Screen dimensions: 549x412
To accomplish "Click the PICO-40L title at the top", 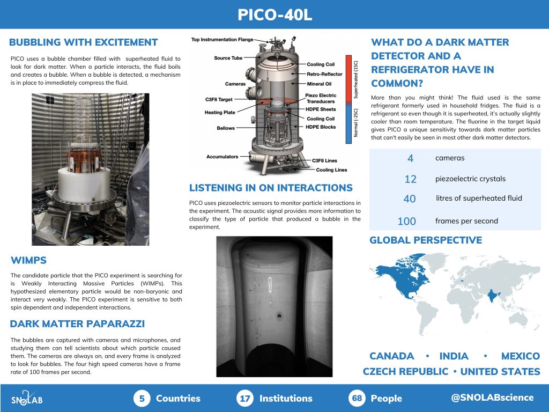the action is [274, 14].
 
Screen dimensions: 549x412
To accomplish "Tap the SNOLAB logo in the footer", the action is [27, 399].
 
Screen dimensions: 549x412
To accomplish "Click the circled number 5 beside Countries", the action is [142, 399].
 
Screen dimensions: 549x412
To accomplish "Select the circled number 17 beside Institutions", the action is [244, 399].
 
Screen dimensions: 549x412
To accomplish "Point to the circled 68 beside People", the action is [357, 399].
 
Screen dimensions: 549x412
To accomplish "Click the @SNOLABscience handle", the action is [492, 398].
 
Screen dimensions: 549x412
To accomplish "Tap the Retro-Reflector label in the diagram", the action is [324, 74].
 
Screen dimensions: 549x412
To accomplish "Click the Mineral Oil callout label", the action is [319, 84].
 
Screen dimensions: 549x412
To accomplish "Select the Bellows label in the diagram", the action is [226, 128].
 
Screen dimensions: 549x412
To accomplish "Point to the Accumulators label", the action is [222, 157].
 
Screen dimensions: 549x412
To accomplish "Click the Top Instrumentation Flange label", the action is [222, 40].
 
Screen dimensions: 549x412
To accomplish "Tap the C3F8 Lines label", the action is [324, 160].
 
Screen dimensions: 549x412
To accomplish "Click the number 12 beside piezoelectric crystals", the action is [410, 179].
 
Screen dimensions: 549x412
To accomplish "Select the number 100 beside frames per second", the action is [407, 221].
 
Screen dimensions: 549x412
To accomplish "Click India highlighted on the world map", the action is [493, 295].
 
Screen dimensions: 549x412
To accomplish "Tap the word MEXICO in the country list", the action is [520, 356].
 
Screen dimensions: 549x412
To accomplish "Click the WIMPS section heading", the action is [28, 260].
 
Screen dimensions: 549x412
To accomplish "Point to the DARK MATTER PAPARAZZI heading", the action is [77, 323].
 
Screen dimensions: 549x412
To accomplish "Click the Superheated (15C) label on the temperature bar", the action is [356, 79].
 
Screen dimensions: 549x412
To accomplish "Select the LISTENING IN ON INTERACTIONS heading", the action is [271, 188].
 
